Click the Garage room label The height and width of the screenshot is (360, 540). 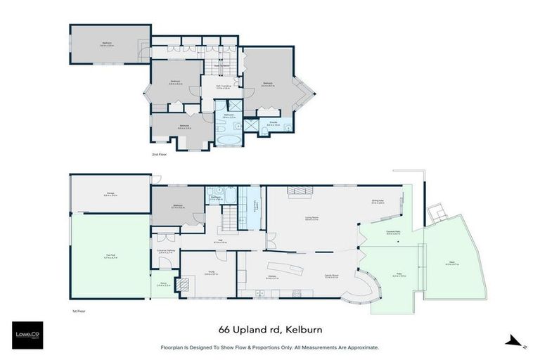(x=110, y=195)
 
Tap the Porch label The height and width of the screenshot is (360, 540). (x=161, y=284)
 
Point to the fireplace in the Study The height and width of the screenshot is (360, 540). (x=184, y=284)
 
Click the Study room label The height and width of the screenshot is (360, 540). (x=207, y=274)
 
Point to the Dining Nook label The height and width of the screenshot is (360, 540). (x=378, y=201)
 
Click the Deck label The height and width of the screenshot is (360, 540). (x=451, y=264)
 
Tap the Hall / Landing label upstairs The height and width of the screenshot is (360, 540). (x=223, y=87)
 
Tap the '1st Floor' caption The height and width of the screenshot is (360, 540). (x=79, y=310)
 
